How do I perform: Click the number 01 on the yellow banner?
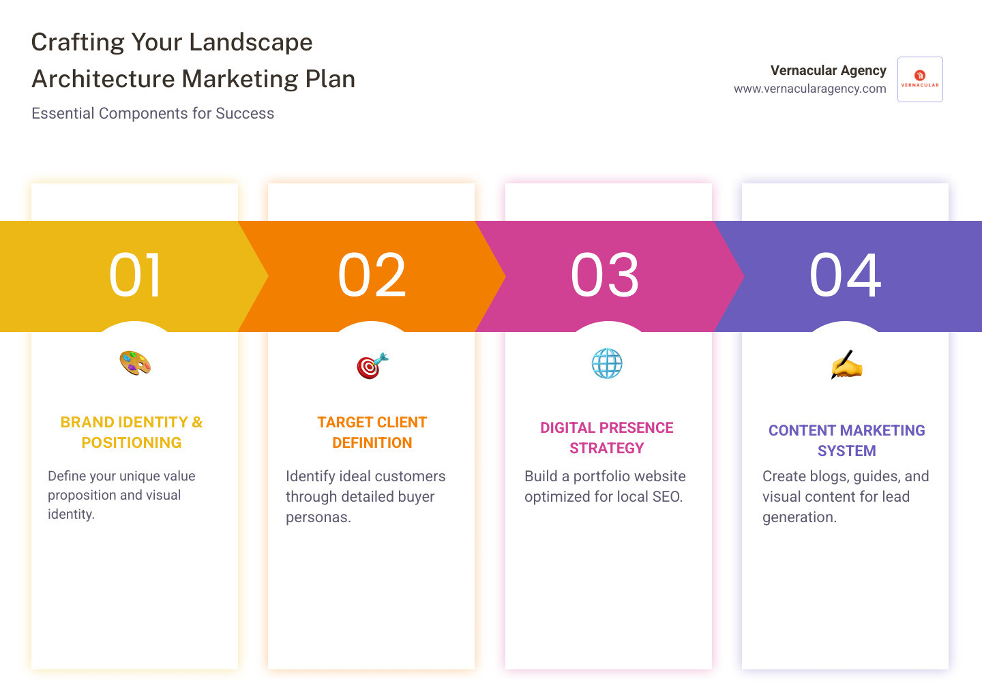point(135,275)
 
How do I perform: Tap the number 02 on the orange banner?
point(372,275)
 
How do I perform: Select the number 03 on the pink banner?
point(605,275)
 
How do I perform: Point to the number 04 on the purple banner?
point(845,275)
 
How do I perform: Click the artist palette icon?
point(135,363)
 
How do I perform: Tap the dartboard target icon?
point(372,366)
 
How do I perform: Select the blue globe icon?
point(607,363)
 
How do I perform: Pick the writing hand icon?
point(846,365)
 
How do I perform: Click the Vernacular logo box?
point(920,79)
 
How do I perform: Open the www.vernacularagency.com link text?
point(809,89)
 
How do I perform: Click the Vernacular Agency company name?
point(828,70)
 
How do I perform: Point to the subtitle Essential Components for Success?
point(153,113)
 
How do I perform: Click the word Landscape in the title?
point(250,42)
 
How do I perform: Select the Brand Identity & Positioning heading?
point(132,432)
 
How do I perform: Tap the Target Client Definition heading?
point(372,432)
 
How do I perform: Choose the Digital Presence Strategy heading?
point(607,438)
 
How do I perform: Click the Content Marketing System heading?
point(846,440)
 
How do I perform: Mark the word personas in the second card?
point(318,517)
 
